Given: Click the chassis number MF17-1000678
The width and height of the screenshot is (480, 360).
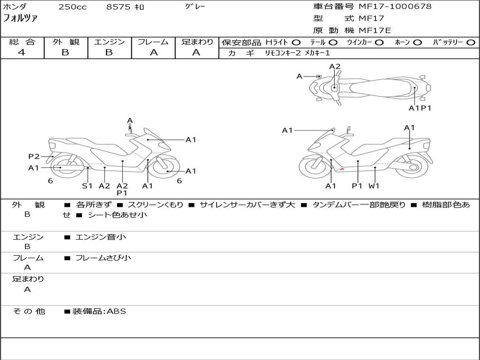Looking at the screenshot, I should (x=395, y=7).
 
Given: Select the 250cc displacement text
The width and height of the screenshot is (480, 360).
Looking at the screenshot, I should (x=72, y=7).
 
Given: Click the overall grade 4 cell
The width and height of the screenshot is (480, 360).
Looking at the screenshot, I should (x=22, y=52).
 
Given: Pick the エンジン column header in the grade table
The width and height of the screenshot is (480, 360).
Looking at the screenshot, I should (x=109, y=42).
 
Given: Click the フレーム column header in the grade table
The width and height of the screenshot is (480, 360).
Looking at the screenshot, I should (x=153, y=42).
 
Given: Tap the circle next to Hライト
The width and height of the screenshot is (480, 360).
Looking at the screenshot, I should (x=296, y=42).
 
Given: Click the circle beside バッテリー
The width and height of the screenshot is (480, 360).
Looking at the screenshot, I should (x=471, y=42).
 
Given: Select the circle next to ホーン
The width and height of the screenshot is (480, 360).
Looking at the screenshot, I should (x=417, y=42).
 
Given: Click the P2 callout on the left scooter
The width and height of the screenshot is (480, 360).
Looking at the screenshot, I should (x=34, y=157).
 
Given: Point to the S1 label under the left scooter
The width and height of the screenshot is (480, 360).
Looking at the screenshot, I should (x=87, y=186).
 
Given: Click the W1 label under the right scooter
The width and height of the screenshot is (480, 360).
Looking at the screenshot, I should (x=374, y=186).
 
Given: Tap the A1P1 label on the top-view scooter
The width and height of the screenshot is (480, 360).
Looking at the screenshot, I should (x=420, y=108).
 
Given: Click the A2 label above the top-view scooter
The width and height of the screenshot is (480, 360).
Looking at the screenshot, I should (x=335, y=67).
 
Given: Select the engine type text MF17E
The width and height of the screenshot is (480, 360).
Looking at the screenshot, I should (x=375, y=30).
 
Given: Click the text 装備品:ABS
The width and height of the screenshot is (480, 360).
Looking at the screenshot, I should (x=99, y=311).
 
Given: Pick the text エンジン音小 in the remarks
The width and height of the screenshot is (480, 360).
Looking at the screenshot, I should (x=101, y=237).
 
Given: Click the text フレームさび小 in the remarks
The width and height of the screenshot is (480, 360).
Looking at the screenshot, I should (x=103, y=258).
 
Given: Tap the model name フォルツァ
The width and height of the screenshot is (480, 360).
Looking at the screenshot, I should (x=21, y=19).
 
